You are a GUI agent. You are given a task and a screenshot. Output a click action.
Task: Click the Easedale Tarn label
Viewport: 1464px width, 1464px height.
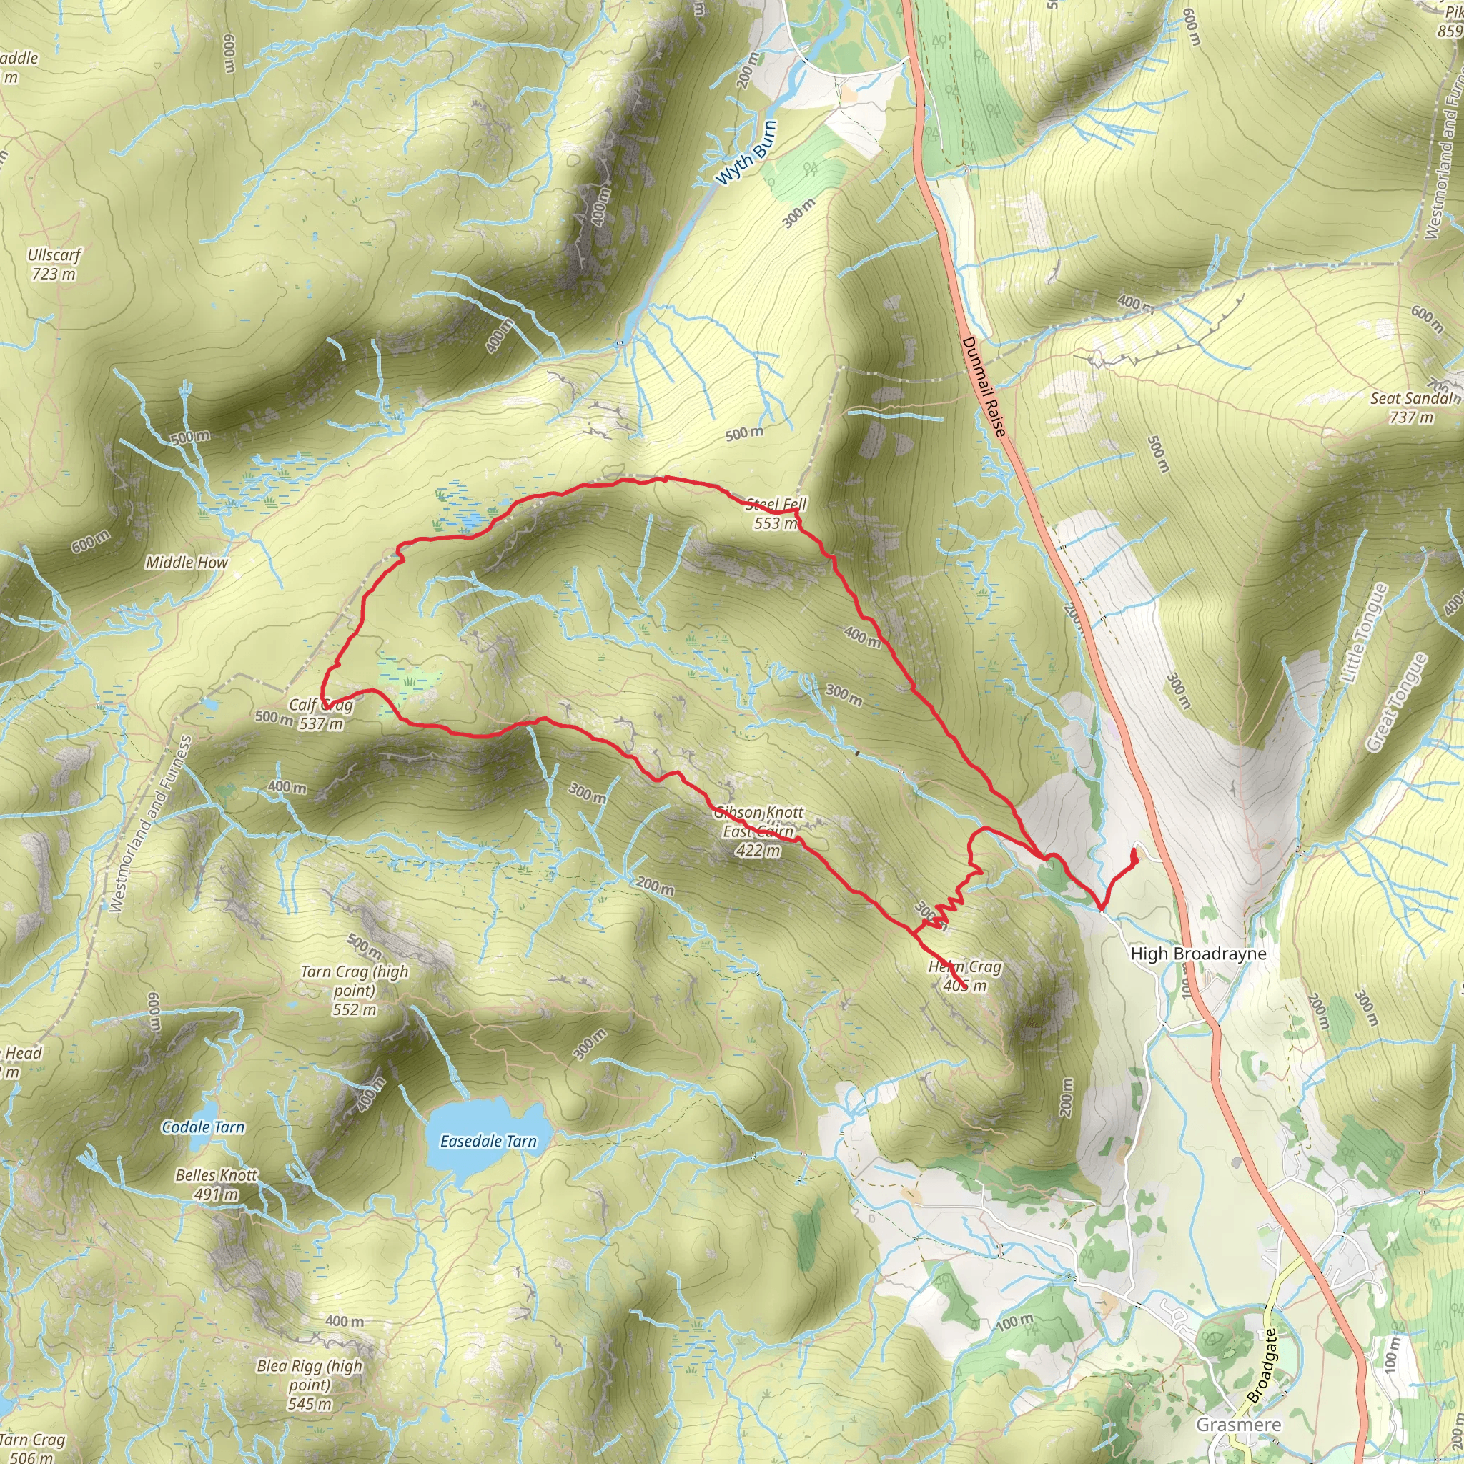tap(488, 1141)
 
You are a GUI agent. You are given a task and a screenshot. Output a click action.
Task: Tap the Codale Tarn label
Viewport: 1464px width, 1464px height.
tap(203, 1127)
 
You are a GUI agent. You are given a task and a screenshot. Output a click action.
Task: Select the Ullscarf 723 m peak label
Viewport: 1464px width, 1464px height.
tap(53, 264)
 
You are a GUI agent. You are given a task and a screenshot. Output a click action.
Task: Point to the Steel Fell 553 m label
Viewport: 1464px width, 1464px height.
tap(776, 513)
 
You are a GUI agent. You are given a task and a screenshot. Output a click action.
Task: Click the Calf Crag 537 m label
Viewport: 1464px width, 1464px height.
tap(320, 714)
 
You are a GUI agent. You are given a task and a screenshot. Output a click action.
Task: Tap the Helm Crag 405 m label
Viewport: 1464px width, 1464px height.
tap(964, 976)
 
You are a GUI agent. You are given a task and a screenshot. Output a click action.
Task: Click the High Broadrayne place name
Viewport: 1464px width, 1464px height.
tap(1198, 954)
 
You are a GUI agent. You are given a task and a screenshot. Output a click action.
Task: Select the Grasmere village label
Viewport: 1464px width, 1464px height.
tap(1238, 1425)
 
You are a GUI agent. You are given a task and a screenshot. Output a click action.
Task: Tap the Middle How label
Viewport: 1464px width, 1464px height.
tap(187, 563)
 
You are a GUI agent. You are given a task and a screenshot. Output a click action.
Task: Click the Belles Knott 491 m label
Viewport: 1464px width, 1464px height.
tap(217, 1184)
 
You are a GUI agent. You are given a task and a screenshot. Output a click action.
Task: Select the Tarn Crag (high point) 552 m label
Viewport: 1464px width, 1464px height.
tap(354, 989)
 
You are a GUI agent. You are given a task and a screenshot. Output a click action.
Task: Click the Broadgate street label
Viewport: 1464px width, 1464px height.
tap(1262, 1364)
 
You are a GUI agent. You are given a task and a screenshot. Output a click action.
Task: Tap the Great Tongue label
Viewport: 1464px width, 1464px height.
tap(1396, 702)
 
